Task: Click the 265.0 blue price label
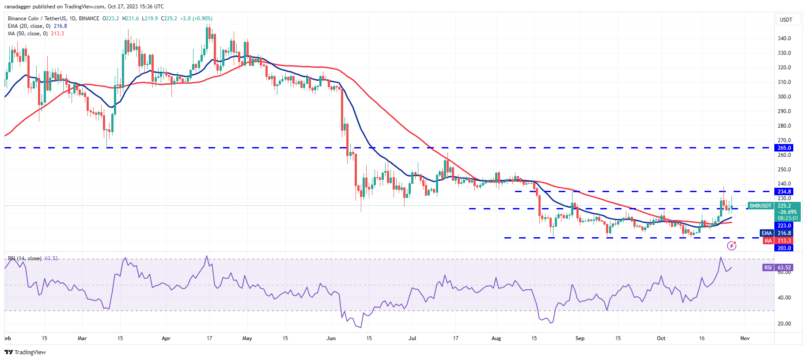tap(784, 148)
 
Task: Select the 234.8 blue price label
tap(784, 192)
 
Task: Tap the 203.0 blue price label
tap(784, 248)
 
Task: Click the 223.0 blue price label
tap(784, 226)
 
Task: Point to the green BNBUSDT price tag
tap(761, 206)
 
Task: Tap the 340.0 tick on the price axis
tap(784, 38)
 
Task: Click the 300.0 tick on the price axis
tap(784, 97)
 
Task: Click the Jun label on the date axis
tap(331, 338)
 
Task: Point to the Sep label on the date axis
tap(580, 338)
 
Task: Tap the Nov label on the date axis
tap(745, 338)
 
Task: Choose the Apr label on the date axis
tap(166, 338)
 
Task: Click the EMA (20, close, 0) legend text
tap(29, 26)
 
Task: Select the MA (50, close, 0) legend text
tap(28, 34)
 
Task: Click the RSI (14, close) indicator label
tap(25, 258)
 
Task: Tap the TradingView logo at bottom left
tap(25, 352)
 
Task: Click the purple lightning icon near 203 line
tap(731, 246)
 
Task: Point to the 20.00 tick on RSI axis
tap(784, 324)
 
